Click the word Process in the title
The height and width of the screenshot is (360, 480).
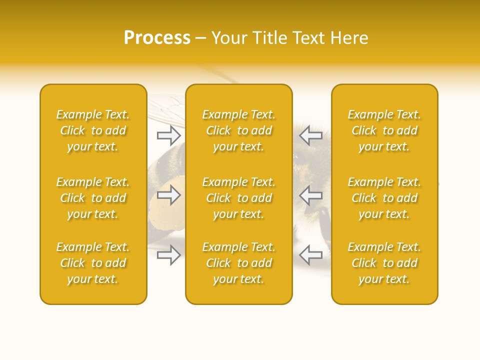(157, 38)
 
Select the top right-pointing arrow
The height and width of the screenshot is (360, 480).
(168, 135)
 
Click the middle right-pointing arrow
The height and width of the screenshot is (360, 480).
(168, 195)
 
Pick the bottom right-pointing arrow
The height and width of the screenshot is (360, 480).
(168, 255)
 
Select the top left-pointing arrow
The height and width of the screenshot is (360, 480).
(311, 135)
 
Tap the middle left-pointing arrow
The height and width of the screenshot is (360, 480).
(311, 195)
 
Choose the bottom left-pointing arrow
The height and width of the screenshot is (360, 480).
(311, 255)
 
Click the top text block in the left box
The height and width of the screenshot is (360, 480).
(93, 130)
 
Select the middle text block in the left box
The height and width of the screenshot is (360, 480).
(93, 198)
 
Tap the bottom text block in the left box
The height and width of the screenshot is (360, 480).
(93, 263)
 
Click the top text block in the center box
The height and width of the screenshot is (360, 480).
(238, 130)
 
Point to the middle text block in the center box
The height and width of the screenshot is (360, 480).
(238, 198)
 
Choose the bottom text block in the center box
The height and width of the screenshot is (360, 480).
(238, 263)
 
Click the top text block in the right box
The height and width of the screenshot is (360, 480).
(384, 130)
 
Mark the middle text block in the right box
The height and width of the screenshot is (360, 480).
(384, 198)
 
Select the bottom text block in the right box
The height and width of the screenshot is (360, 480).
(384, 263)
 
